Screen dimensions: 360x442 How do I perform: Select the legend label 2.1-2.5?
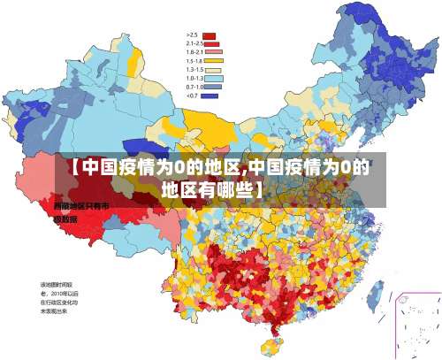click(194, 43)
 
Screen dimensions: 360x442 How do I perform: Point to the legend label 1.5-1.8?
click(194, 61)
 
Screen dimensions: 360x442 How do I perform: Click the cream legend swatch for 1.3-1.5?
click(212, 69)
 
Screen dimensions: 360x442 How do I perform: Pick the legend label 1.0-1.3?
click(194, 78)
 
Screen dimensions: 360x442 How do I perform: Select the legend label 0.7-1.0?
click(194, 87)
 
